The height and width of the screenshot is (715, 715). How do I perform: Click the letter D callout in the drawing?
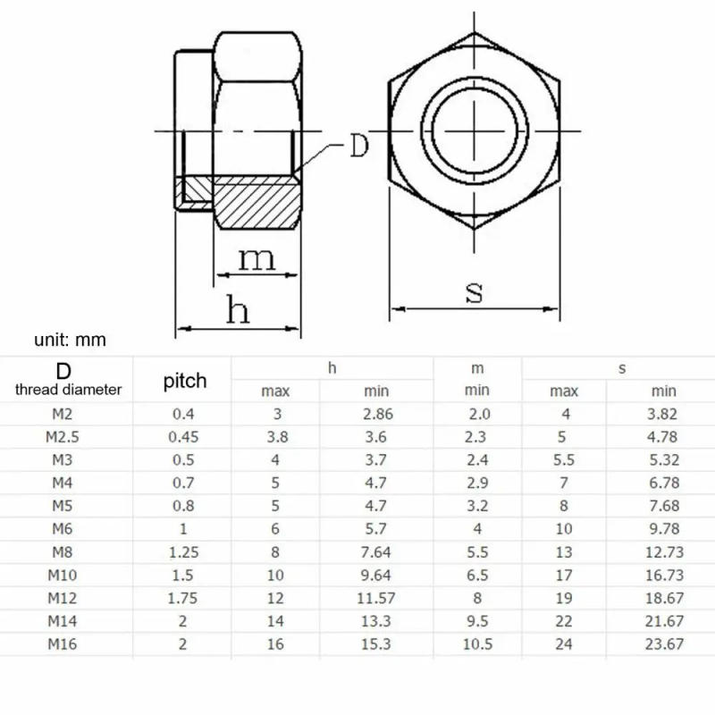[358, 147]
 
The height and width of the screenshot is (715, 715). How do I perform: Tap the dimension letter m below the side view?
[257, 259]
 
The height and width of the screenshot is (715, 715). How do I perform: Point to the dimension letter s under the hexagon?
[475, 291]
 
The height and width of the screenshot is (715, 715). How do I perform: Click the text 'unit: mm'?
[71, 340]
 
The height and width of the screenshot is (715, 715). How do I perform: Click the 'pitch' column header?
[185, 381]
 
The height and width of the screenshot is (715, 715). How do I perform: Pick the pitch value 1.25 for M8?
[183, 552]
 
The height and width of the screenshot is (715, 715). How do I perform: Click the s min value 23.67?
[662, 644]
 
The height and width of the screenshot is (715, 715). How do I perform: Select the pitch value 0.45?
[183, 437]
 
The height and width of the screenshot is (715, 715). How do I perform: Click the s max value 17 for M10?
[563, 576]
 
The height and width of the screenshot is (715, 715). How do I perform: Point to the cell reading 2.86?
[375, 414]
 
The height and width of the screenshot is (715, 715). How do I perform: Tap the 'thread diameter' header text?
[69, 389]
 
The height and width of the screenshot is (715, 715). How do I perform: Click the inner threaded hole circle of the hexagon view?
[474, 131]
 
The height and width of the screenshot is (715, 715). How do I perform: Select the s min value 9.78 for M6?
[662, 529]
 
